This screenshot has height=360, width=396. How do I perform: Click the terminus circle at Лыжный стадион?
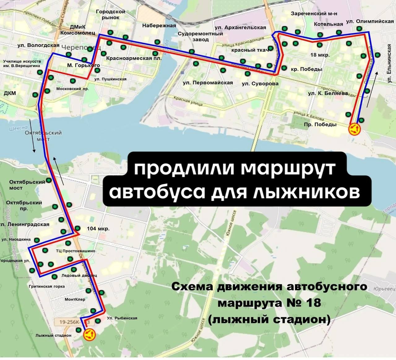[x=89, y=334]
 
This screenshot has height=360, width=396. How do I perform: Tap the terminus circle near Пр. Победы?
[x=355, y=129]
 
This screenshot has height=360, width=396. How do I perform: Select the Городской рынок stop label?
[x=110, y=15]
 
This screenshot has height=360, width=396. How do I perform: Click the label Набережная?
[x=159, y=26]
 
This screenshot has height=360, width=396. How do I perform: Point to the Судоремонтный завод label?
[x=200, y=36]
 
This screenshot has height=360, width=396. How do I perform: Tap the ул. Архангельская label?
[x=240, y=28]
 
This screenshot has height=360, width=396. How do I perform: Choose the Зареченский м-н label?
[x=314, y=14]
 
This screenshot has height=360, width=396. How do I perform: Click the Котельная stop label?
[x=328, y=24]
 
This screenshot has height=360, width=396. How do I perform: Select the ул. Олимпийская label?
[x=370, y=21]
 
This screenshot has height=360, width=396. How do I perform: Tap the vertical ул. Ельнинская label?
[x=389, y=63]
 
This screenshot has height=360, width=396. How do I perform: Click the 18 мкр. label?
[x=320, y=55]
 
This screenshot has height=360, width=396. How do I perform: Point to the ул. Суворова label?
[x=260, y=84]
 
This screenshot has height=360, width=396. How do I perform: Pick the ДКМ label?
[x=10, y=93]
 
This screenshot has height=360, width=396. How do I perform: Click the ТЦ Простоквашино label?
[x=75, y=251]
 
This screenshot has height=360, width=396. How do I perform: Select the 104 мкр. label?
[x=98, y=229]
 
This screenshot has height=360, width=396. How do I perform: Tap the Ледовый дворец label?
[x=79, y=275]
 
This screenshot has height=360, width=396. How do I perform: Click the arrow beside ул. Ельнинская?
[x=372, y=89]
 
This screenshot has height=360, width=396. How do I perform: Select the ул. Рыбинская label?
[x=122, y=318]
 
